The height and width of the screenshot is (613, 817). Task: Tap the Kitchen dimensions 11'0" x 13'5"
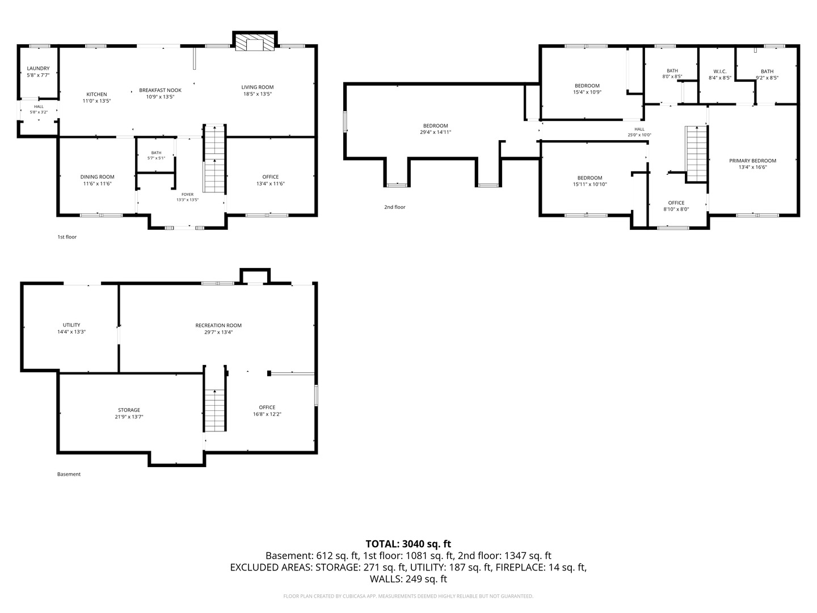point(97,101)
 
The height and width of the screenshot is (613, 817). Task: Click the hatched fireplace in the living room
point(255,43)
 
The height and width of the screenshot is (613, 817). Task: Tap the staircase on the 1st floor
point(215,159)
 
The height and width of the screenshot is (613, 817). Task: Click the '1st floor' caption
point(67,237)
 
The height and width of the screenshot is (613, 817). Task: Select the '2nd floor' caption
point(394,207)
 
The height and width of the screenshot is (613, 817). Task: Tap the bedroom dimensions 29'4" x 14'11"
point(436,132)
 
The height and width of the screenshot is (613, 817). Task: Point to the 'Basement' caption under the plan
point(69,474)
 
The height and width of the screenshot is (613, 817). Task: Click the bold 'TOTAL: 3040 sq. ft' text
point(408,544)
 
